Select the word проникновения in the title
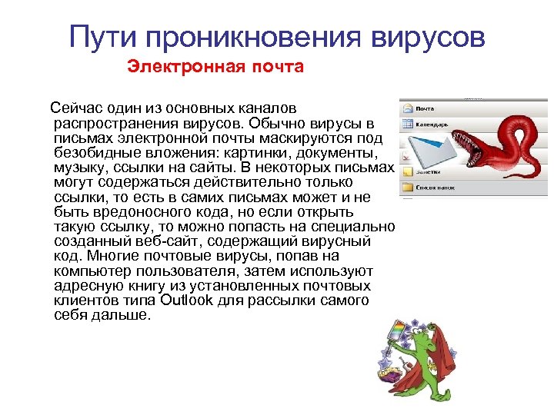tap(255, 36)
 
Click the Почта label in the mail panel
tap(425, 108)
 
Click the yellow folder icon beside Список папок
tap(407, 188)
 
